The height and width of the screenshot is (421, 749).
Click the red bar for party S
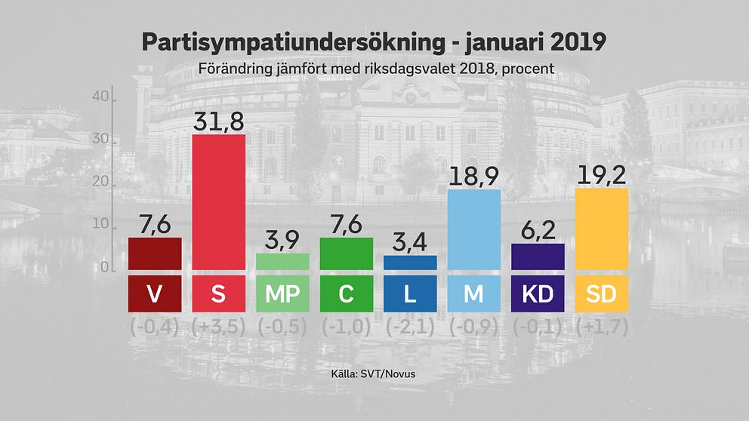coord(219,201)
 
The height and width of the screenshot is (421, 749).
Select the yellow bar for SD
coord(602,229)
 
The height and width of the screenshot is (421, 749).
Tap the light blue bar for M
coord(473,229)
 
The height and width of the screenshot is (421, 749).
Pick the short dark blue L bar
coord(410,263)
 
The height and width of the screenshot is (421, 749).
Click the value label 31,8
coord(219,119)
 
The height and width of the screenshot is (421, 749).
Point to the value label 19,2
coord(602,174)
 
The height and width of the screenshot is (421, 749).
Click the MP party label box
coord(282,293)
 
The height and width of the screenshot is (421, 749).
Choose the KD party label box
coord(538,293)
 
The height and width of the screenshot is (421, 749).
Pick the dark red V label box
coord(155,293)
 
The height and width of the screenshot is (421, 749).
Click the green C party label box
coord(347,293)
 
